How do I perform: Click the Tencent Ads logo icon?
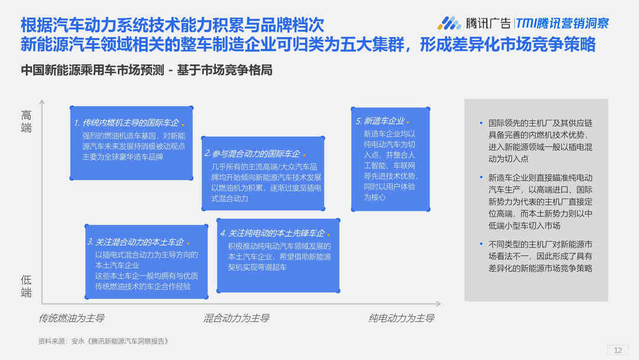[449, 23]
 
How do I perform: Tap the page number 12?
[618, 350]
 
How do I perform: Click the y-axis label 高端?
[26, 121]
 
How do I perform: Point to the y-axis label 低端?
[26, 286]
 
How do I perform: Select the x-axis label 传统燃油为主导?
[72, 318]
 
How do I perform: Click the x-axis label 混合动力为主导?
[236, 318]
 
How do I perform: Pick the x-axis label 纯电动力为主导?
[401, 318]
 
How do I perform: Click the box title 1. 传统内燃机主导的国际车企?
[127, 123]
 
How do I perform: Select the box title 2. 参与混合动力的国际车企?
[252, 154]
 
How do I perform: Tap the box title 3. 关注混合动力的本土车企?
[135, 242]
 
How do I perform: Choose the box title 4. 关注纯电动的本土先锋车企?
[272, 233]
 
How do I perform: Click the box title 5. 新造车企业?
[380, 121]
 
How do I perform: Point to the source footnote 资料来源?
[103, 341]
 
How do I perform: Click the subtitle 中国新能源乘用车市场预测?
[92, 70]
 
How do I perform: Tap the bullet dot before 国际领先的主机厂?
[481, 123]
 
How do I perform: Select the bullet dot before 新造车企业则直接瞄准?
[481, 178]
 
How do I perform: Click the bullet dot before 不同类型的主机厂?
[481, 244]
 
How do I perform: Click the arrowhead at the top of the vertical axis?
[42, 101]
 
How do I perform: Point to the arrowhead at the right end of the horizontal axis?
[438, 304]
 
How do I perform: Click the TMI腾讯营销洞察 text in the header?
[563, 23]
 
